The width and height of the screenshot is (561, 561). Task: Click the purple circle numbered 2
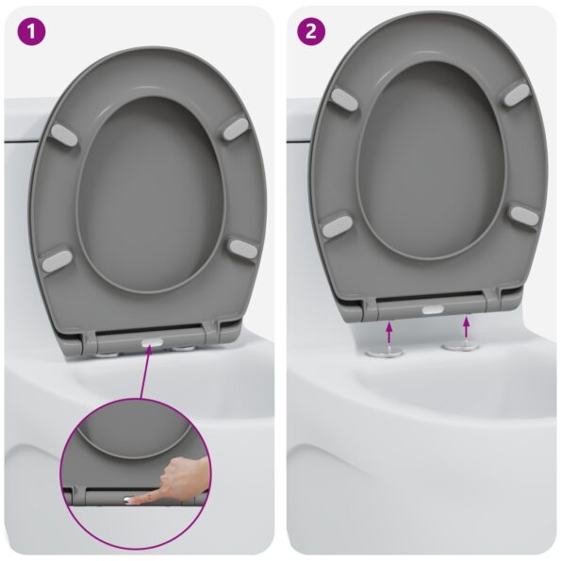(309, 31)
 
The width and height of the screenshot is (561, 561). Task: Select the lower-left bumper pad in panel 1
(58, 257)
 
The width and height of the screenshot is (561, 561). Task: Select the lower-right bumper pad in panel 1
(241, 248)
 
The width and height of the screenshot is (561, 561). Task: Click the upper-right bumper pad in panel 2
(516, 93)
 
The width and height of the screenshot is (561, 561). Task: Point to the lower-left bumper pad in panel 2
(337, 225)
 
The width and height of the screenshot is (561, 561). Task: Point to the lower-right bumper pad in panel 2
(522, 216)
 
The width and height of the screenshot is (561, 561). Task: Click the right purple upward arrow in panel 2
(466, 328)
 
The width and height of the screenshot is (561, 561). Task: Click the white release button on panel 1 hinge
(150, 345)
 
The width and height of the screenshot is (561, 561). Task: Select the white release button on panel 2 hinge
(433, 309)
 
